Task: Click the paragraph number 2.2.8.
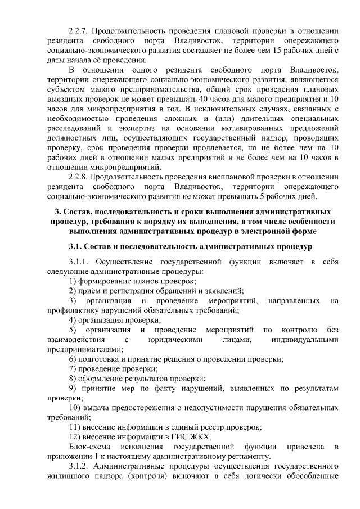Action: point(78,175)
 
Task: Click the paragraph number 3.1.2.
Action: point(78,467)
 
